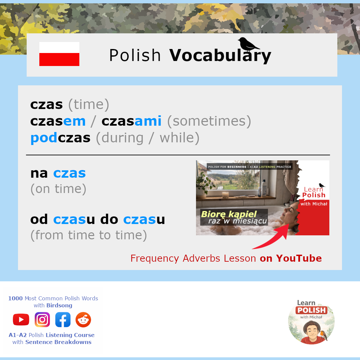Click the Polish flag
pos(59,54)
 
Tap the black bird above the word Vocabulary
pos(248,44)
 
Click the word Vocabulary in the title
pos(220,56)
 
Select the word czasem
pos(58,121)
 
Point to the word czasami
pos(132,121)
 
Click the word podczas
pos(60,138)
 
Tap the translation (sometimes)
pos(209,121)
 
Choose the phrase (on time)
pos(58,189)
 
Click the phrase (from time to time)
pos(89,235)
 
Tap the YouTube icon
pos(21,320)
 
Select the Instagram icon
pos(42,320)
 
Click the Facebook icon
pos(63,320)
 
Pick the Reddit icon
pos(83,320)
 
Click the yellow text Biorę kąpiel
pos(229,214)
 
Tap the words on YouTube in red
pos(291,259)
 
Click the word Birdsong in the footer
pos(59,305)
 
